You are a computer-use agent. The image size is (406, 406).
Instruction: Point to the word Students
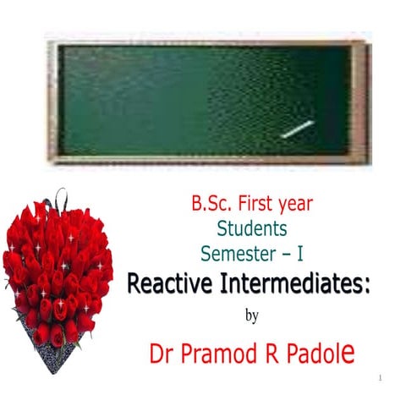pyautogui.click(x=252, y=228)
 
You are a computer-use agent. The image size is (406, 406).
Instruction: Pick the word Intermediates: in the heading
pyautogui.click(x=301, y=284)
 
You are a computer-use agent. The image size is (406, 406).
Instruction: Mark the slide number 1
pyautogui.click(x=382, y=376)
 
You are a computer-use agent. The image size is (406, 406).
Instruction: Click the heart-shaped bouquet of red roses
pyautogui.click(x=58, y=271)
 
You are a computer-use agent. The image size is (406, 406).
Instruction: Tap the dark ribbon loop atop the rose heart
pyautogui.click(x=60, y=200)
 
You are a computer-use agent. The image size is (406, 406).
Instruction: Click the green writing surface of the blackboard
pyautogui.click(x=195, y=98)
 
